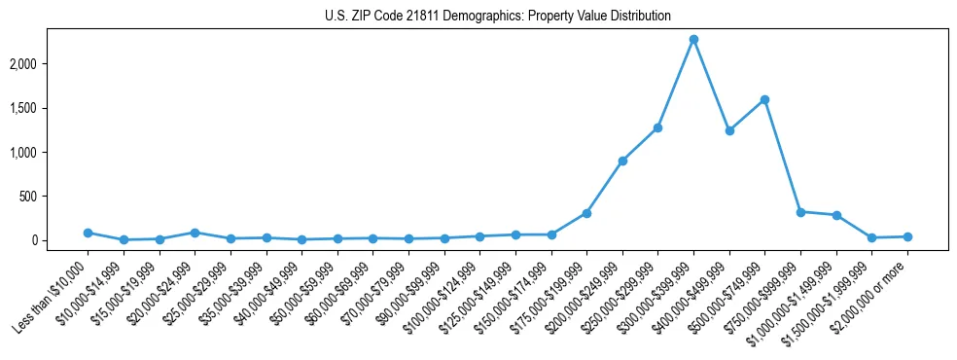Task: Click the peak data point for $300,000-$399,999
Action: (693, 39)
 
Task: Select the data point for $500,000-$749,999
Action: (765, 99)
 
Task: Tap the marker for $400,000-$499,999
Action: (729, 130)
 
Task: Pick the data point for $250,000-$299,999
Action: (658, 127)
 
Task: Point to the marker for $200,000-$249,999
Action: (622, 161)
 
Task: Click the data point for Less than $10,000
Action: (88, 233)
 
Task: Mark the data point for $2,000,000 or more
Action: (907, 236)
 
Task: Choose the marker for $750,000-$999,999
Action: (800, 212)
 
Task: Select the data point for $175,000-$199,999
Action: (586, 213)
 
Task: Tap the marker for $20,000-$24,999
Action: (195, 233)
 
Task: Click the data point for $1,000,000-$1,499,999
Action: (836, 215)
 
